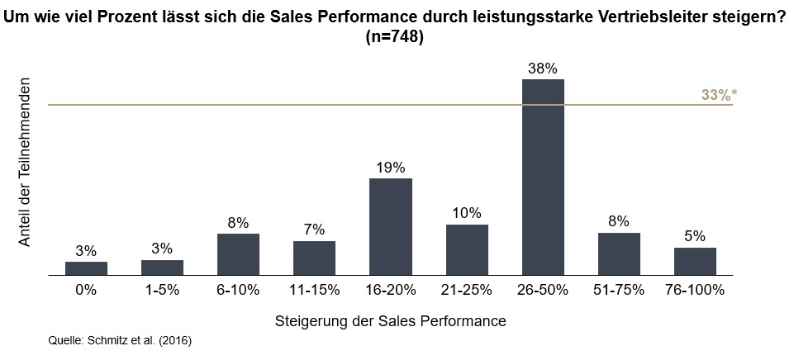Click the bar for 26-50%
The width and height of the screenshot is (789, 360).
[543, 177]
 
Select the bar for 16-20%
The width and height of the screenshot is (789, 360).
[390, 226]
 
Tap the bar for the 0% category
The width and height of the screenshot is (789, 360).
[86, 268]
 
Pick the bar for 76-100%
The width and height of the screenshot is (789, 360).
[695, 261]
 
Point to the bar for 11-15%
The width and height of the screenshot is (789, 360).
[314, 258]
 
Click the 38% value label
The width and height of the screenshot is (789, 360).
[543, 67]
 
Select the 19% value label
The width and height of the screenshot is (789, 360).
[390, 167]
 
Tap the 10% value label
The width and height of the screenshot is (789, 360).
[467, 213]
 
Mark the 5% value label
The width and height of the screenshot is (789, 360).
[695, 236]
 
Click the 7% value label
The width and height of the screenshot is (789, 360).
[314, 230]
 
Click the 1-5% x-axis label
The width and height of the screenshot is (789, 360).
[162, 290]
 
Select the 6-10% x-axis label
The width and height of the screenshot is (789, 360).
[238, 290]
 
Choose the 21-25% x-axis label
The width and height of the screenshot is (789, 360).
[467, 290]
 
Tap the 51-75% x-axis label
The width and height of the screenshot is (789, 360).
[619, 290]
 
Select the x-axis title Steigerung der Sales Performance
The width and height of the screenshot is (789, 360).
[390, 318]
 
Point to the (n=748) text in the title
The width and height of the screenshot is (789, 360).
[394, 37]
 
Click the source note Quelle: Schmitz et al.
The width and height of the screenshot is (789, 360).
[121, 339]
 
